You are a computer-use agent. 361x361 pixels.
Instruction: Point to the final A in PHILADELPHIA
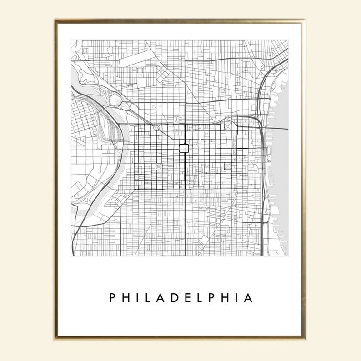coord(248,298)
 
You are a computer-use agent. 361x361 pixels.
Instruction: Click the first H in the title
coord(126,298)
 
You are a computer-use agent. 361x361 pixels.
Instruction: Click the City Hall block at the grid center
coord(185,148)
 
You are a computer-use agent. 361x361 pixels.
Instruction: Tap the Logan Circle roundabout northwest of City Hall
coord(156,129)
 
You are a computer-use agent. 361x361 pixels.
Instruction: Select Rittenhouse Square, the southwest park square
coord(158,166)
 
